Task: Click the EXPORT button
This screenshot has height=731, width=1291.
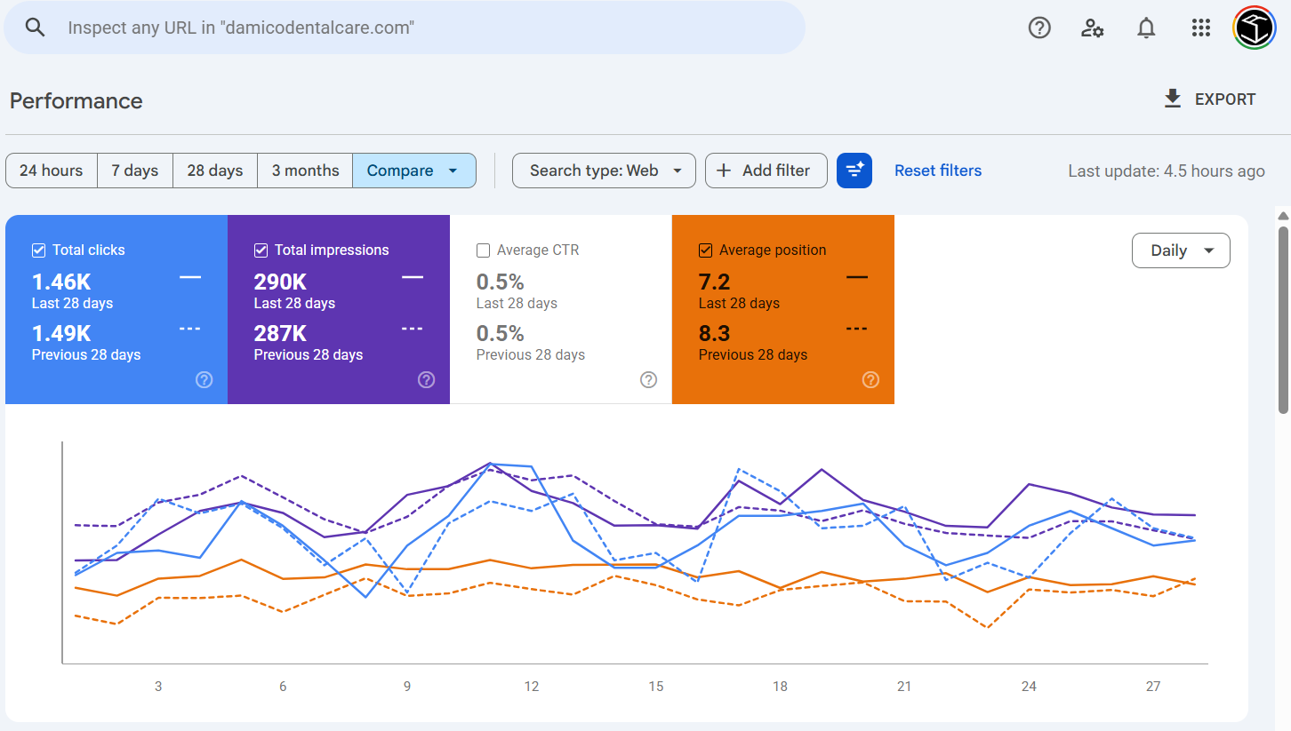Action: [1209, 99]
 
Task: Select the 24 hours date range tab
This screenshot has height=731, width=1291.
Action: [52, 171]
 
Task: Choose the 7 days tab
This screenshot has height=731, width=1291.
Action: [135, 171]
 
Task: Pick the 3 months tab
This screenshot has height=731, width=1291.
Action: [305, 171]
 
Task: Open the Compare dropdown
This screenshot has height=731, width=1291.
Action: [413, 171]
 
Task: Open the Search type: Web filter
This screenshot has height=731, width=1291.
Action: [604, 171]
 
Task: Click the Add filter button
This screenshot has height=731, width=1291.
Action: [766, 171]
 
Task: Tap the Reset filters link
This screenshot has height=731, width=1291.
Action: [938, 171]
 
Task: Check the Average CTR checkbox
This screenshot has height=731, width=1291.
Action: [483, 250]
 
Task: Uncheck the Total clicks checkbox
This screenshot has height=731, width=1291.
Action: [38, 250]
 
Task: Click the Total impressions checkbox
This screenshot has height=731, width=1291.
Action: [261, 250]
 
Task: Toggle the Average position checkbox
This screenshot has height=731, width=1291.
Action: [705, 250]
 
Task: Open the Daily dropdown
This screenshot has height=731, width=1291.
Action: [1181, 250]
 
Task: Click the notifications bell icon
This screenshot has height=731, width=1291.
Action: [1146, 28]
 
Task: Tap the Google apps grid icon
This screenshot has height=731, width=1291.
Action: [1200, 28]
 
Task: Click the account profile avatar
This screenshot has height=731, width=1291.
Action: [1255, 28]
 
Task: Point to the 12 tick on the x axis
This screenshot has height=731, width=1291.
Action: [532, 686]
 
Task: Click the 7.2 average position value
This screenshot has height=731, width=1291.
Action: [714, 282]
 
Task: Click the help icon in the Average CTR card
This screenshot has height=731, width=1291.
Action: [648, 380]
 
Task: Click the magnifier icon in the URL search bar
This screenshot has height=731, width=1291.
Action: [35, 28]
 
